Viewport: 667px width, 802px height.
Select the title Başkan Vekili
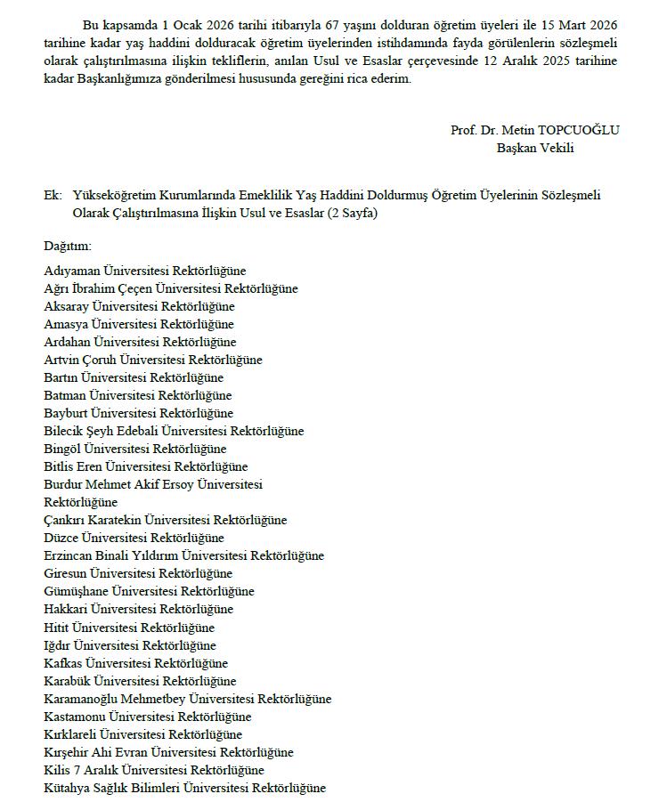tap(535, 148)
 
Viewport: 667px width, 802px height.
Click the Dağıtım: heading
tap(68, 245)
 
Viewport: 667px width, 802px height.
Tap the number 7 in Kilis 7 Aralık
tap(77, 770)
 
